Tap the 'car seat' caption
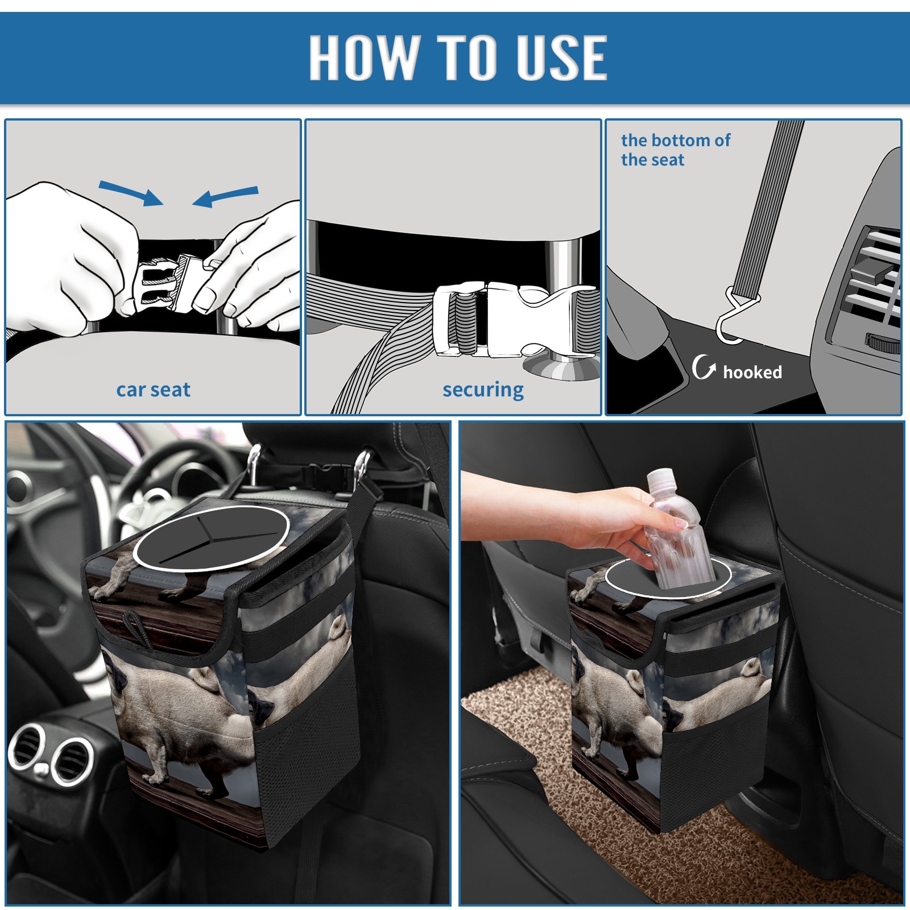pos(153,390)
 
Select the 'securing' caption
pos(483,390)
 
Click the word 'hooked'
pos(752,372)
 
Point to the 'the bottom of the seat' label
pos(675,150)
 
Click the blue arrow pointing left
pos(225,196)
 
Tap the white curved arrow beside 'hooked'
pos(704,367)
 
